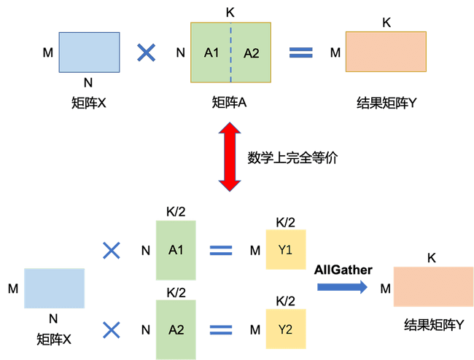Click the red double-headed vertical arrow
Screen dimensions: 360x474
[230, 157]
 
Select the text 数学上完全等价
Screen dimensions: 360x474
[292, 157]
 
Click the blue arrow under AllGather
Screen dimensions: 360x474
[342, 287]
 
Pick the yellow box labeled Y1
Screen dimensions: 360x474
[285, 250]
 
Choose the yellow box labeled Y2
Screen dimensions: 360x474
[285, 329]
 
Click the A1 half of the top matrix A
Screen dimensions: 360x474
[211, 52]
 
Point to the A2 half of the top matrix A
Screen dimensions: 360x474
[251, 52]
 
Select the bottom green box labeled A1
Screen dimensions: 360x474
[176, 250]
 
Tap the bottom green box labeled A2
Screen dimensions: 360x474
[176, 329]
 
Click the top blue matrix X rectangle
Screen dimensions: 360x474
[88, 52]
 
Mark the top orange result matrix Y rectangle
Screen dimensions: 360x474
[386, 52]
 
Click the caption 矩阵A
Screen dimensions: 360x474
[229, 103]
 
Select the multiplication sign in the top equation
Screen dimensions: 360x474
[147, 52]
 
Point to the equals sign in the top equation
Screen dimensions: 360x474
[300, 52]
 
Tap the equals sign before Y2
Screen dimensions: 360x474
[221, 329]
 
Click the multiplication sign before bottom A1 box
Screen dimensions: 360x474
[112, 251]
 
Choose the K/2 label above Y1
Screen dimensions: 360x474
[285, 222]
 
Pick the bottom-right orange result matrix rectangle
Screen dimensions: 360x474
[433, 286]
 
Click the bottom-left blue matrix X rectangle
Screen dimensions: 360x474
[55, 289]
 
